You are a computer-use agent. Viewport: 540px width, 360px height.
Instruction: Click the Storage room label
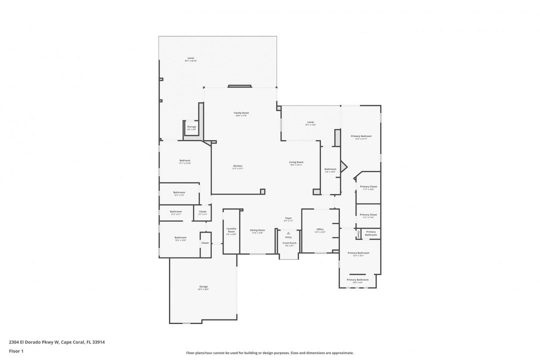click(x=191, y=127)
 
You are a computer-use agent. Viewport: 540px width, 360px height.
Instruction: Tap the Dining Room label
click(x=257, y=231)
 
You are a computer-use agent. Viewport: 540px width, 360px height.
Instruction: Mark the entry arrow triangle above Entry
click(x=288, y=233)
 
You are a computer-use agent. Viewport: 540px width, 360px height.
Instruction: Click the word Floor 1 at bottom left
click(x=16, y=351)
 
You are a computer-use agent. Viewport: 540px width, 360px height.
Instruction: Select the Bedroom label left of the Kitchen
click(x=185, y=161)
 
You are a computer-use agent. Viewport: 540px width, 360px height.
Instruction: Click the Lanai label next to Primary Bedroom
click(x=310, y=123)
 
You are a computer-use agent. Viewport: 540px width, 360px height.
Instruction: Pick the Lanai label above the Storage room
click(x=190, y=59)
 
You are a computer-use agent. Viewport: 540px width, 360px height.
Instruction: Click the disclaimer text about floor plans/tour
click(x=269, y=352)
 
